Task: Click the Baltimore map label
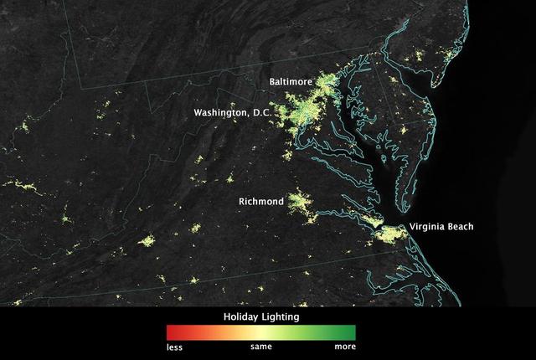click(x=290, y=82)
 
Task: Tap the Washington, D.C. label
click(x=232, y=112)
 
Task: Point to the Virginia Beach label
click(x=441, y=227)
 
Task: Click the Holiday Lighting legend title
click(x=260, y=317)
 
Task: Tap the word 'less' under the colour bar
click(x=174, y=346)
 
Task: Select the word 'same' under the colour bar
click(x=260, y=346)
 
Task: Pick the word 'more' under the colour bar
click(x=345, y=346)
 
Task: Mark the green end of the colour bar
click(x=351, y=332)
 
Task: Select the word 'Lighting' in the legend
click(x=281, y=317)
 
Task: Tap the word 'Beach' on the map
click(x=460, y=227)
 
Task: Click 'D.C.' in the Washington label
click(x=258, y=112)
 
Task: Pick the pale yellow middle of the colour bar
click(x=260, y=332)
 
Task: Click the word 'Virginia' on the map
click(x=425, y=227)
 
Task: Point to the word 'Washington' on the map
click(x=219, y=112)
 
